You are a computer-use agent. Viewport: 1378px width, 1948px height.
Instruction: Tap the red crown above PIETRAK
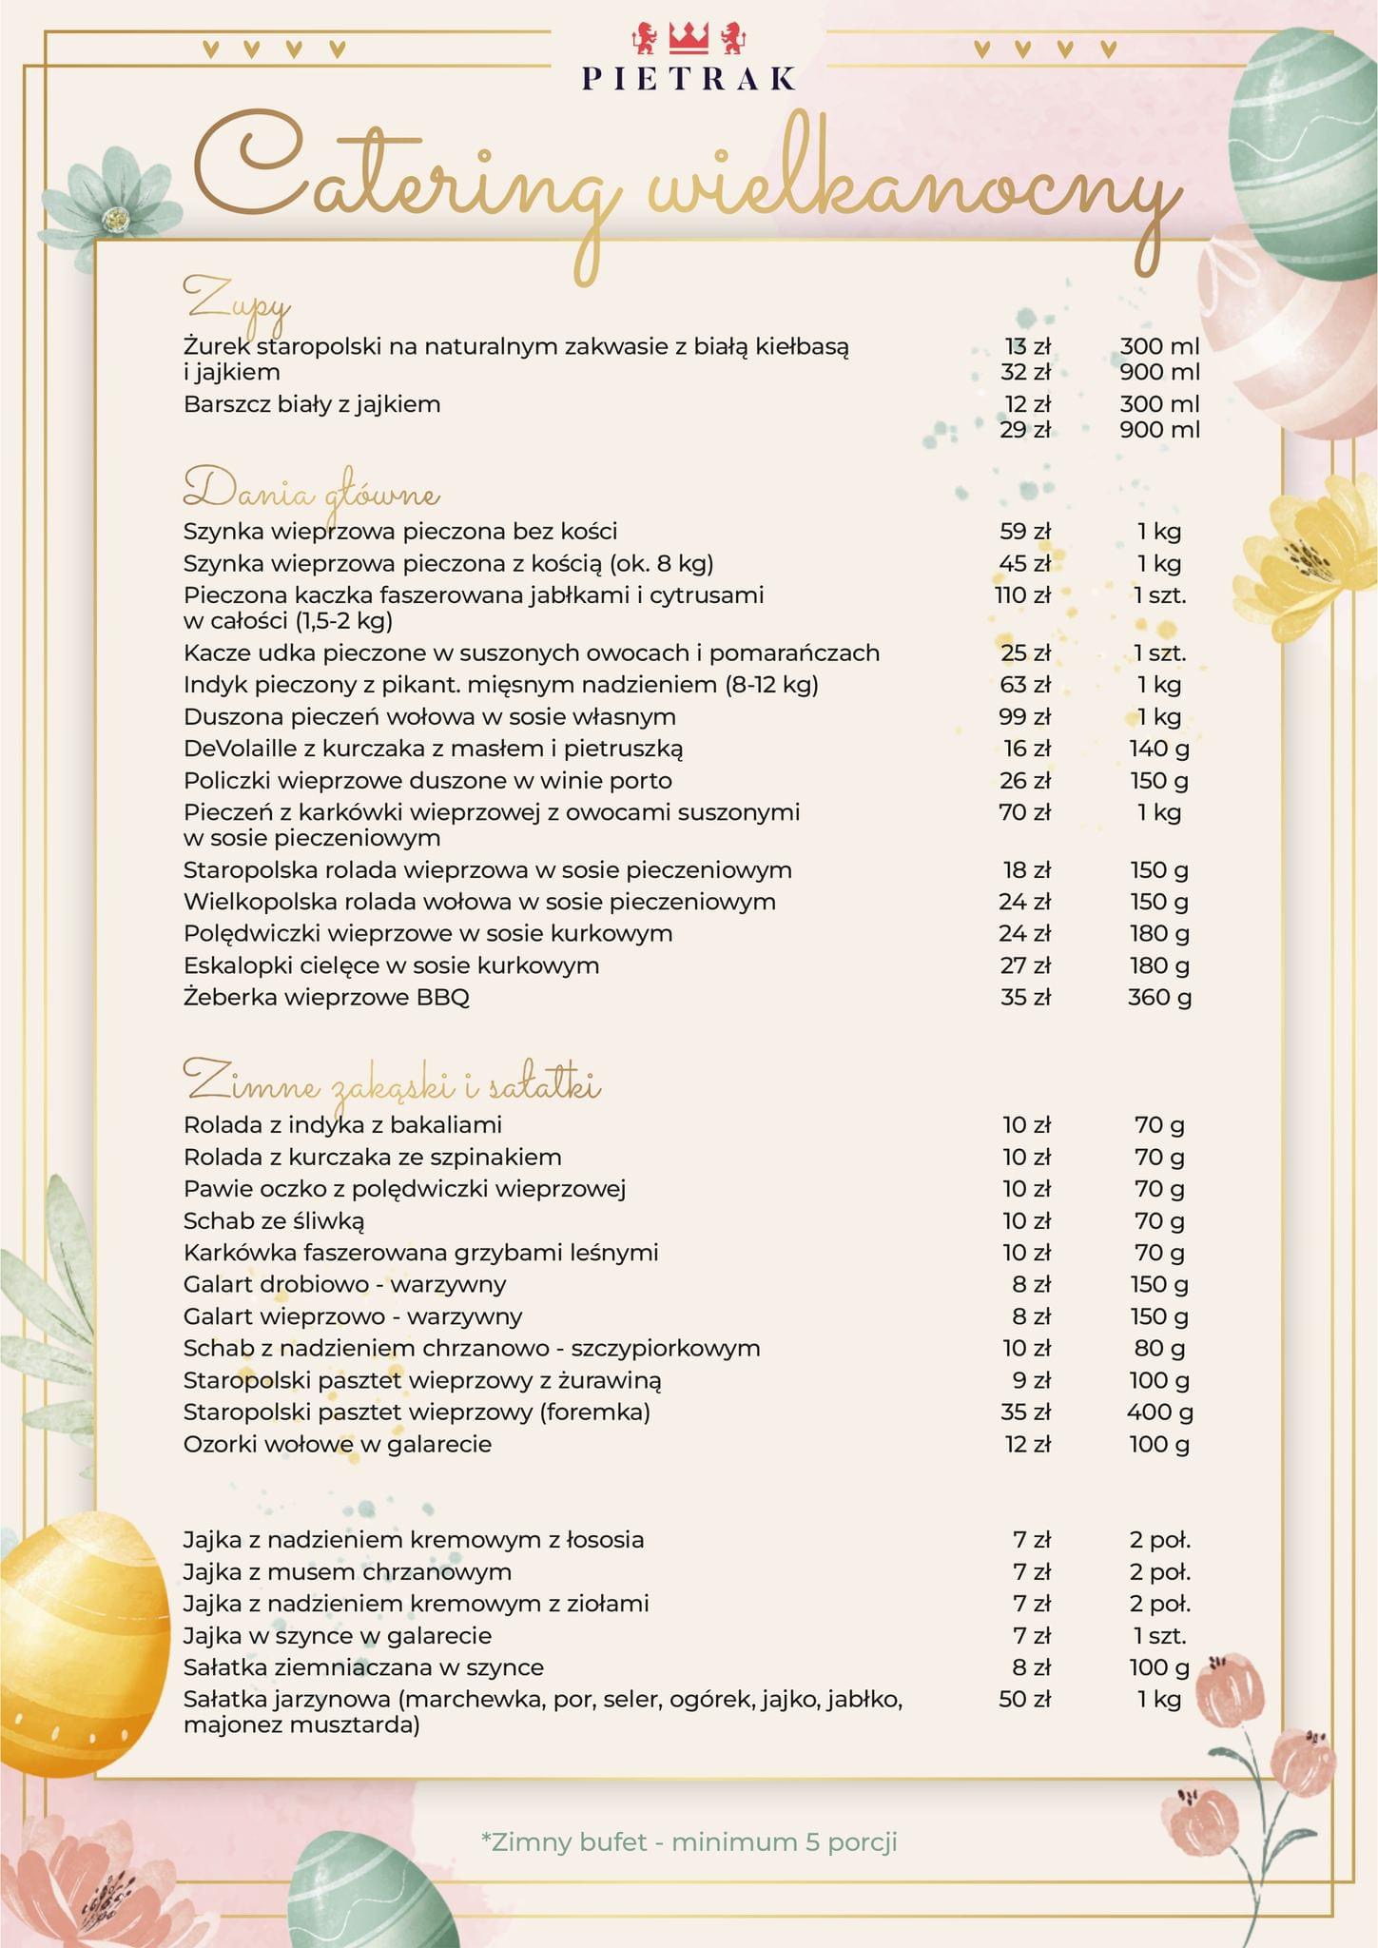coord(689,37)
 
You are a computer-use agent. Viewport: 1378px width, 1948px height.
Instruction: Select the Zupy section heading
coord(237,300)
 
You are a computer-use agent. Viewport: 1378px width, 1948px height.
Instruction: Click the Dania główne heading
coord(311,491)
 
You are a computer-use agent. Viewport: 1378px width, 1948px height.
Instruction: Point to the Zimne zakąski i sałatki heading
coord(391,1083)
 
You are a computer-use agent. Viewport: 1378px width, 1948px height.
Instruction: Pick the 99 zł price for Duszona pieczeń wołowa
coord(1024,716)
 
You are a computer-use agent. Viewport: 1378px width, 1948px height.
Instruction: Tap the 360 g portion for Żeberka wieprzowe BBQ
coord(1159,997)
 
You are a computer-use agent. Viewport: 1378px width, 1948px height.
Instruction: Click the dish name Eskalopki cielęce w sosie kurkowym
coord(391,965)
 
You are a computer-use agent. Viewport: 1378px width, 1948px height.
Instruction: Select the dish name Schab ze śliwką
coord(274,1220)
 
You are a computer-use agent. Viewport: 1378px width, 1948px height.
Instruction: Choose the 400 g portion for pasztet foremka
coord(1159,1412)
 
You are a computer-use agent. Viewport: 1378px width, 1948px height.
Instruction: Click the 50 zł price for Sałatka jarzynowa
coord(1024,1699)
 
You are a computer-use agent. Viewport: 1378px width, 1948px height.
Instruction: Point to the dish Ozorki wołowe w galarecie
coord(338,1444)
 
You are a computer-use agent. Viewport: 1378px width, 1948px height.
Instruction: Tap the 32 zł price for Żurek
coord(1025,372)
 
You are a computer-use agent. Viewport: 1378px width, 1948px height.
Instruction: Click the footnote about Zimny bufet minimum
coord(689,1842)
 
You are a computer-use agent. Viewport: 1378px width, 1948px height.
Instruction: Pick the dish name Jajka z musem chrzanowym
coord(347,1571)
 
